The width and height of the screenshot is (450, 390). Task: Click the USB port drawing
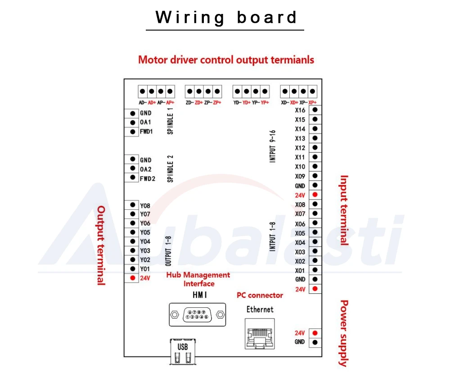[183, 352]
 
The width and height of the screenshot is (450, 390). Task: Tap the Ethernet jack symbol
[260, 334]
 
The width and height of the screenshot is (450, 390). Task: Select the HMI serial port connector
[198, 315]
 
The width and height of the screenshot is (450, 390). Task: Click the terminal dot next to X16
[315, 110]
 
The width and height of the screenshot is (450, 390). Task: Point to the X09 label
[300, 176]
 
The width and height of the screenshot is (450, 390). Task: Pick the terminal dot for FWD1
[133, 132]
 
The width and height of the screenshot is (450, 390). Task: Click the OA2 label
[146, 169]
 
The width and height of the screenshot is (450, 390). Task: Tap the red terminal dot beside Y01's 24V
[133, 278]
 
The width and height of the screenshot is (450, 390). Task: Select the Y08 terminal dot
[133, 205]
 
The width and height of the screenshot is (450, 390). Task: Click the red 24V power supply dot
[315, 333]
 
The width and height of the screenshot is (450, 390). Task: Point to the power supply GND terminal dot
[315, 342]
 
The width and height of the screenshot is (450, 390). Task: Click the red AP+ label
[170, 102]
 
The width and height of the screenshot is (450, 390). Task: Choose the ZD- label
[190, 102]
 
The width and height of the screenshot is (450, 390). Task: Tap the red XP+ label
[313, 102]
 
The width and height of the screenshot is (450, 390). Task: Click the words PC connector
[260, 295]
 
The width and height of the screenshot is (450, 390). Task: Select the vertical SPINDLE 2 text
[170, 169]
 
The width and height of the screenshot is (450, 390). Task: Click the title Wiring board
[226, 17]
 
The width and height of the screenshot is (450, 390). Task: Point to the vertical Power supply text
[344, 333]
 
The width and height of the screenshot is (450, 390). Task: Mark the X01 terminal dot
[315, 270]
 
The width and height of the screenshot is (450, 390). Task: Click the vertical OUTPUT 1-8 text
[168, 251]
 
